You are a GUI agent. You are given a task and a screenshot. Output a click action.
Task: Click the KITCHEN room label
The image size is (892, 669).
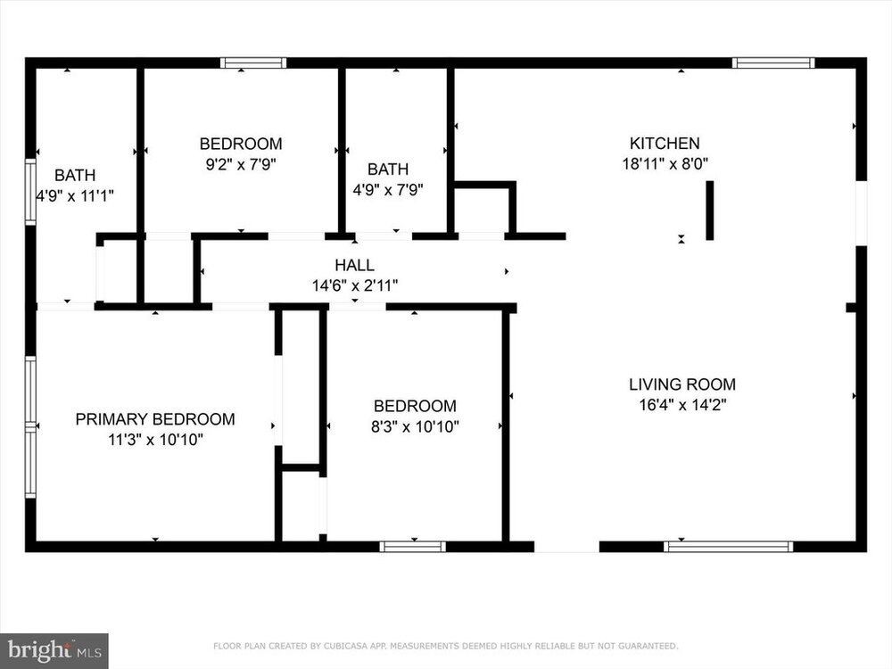pyautogui.click(x=665, y=144)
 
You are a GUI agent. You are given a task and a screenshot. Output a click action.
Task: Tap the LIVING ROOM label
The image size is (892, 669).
pyautogui.click(x=682, y=384)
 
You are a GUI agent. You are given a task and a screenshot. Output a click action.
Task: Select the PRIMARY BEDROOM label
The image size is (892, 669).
pyautogui.click(x=155, y=419)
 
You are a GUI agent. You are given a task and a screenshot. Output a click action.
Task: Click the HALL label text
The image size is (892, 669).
pyautogui.click(x=354, y=265)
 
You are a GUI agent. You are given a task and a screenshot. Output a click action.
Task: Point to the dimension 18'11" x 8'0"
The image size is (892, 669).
pyautogui.click(x=665, y=164)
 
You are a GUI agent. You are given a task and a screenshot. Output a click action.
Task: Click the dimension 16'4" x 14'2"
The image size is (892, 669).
pyautogui.click(x=682, y=405)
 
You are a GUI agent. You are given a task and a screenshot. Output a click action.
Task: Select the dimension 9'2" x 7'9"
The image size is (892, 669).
pyautogui.click(x=241, y=164)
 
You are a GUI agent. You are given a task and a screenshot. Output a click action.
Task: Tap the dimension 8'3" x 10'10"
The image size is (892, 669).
pyautogui.click(x=415, y=426)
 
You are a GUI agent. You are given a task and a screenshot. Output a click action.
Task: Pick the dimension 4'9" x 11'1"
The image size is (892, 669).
pyautogui.click(x=75, y=195)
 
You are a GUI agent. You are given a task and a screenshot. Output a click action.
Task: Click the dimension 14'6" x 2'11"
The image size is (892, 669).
pyautogui.click(x=354, y=285)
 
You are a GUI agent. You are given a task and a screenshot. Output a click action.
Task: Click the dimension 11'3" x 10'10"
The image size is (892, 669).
pyautogui.click(x=155, y=440)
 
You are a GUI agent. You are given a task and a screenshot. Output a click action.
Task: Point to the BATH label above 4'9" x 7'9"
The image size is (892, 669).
pyautogui.click(x=388, y=169)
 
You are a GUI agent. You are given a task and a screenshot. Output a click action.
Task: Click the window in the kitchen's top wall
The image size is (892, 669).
pyautogui.click(x=773, y=62)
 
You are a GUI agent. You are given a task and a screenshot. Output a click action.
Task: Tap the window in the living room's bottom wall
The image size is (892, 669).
pyautogui.click(x=728, y=547)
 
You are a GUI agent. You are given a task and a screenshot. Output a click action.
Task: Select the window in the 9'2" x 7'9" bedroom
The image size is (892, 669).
pyautogui.click(x=253, y=62)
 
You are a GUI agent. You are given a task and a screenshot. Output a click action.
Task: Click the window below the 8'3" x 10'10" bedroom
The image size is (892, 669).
pyautogui.click(x=413, y=547)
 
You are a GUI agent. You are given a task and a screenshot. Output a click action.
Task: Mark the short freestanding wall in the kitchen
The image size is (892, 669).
pyautogui.click(x=710, y=211)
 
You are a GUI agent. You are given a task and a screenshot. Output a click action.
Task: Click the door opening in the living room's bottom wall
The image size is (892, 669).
pyautogui.click(x=566, y=547)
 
